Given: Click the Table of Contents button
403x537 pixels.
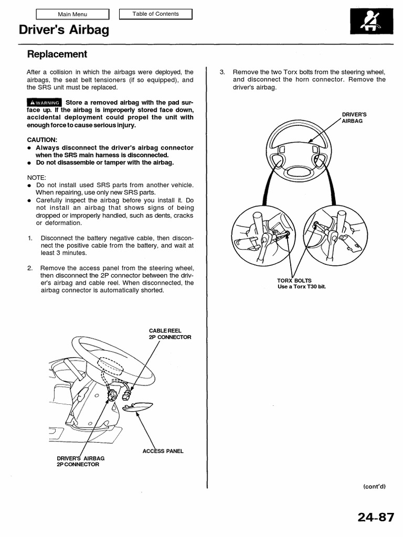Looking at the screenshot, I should point(155,14).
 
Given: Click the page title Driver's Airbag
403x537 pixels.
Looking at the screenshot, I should point(64,31).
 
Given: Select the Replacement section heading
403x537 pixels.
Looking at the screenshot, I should point(57,54).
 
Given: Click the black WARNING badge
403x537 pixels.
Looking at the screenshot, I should point(44,102).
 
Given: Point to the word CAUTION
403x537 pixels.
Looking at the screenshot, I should point(42,140).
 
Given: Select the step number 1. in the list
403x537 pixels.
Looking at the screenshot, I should point(30,238).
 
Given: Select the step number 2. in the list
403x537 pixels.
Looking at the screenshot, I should point(30,268).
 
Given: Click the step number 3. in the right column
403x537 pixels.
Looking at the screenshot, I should point(222,72).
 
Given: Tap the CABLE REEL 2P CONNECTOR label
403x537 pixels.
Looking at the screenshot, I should point(169,334).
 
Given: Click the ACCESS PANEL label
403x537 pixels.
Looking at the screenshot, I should point(163,451).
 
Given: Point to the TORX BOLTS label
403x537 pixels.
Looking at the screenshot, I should point(294,281).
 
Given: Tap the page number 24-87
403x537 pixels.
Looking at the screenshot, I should point(376,518).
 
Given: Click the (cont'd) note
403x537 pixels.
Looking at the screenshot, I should point(374,486).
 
